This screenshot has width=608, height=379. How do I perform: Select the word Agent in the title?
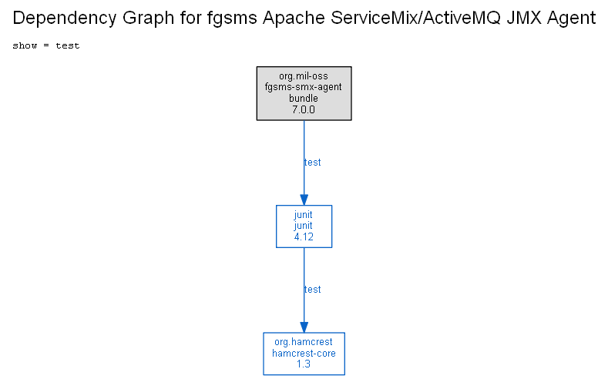click(571, 18)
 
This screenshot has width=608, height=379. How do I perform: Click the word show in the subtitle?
click(25, 45)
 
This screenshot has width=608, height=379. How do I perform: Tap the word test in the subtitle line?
click(68, 45)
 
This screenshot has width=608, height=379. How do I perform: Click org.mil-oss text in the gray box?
click(304, 76)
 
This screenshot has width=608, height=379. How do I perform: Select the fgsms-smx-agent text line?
click(303, 87)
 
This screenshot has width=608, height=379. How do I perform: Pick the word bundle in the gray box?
click(303, 98)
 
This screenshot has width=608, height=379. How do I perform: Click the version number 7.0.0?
click(304, 109)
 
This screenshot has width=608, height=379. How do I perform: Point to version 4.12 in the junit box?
click(304, 236)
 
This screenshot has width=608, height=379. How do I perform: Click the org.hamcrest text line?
click(304, 342)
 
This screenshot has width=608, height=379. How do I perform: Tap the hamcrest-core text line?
click(304, 353)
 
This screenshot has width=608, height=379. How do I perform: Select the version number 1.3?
click(304, 364)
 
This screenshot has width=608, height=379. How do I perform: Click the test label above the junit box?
click(313, 163)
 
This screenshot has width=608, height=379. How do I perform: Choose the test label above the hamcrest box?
click(313, 290)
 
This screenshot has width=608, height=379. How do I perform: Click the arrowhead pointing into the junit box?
click(304, 200)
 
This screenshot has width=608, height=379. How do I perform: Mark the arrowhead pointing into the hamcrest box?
click(304, 327)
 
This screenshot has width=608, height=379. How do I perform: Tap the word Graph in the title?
click(148, 18)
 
